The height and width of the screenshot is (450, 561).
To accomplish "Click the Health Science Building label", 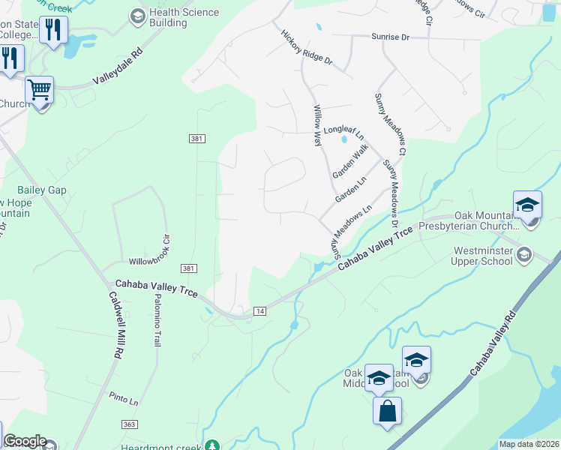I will (x=184, y=17).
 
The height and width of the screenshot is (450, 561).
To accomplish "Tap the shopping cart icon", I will (x=39, y=90).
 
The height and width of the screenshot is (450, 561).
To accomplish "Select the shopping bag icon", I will (x=388, y=412).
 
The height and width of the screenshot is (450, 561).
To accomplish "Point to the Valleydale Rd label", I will (x=117, y=67).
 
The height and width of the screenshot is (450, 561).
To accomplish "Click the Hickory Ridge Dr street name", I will (x=306, y=49).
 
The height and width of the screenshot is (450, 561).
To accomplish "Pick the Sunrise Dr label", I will (x=391, y=36).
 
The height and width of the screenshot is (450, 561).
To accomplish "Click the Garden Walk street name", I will (x=351, y=161).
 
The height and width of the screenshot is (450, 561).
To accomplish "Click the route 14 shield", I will (x=260, y=310).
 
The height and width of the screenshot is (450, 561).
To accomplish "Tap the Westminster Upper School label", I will (x=487, y=256).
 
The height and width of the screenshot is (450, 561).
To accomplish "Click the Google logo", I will (x=25, y=441).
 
